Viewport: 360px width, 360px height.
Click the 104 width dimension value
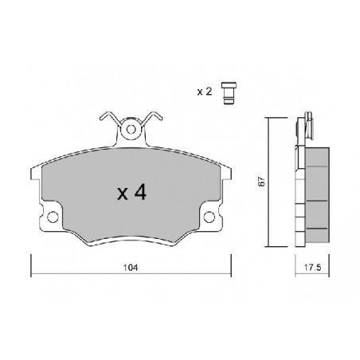[x=131, y=268]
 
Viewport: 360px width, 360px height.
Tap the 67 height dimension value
[x=262, y=181]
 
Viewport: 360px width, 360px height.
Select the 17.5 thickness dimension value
[x=312, y=268]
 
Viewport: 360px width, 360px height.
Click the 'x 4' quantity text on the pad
[x=131, y=193]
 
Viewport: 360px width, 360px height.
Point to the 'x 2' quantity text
[x=205, y=92]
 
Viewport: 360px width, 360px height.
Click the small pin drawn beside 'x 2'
[x=229, y=93]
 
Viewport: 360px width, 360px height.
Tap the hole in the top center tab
[x=131, y=130]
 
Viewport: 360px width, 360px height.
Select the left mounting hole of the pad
[x=53, y=217]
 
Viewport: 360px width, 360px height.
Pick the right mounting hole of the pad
[x=209, y=217]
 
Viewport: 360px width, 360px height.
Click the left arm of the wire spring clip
[x=109, y=118]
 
